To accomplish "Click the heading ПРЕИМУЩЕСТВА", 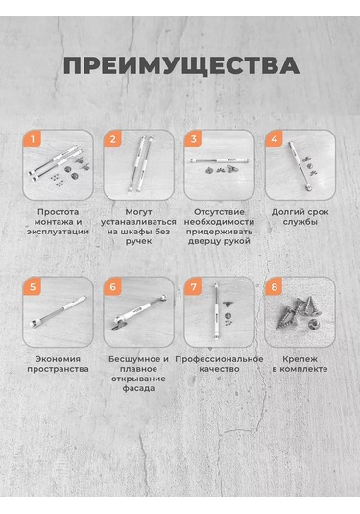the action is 181,65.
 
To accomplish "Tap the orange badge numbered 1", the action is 33,139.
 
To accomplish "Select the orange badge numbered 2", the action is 113,139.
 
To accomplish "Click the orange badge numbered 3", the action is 194,139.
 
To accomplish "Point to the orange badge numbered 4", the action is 275,139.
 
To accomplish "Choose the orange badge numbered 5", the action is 33,287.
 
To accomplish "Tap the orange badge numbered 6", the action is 113,287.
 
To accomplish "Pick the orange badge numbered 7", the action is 194,287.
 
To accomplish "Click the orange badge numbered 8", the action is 275,287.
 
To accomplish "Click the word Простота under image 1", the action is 59,212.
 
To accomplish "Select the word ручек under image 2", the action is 139,241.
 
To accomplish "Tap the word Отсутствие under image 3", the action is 219,212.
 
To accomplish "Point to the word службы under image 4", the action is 300,222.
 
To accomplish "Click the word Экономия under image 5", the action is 58,359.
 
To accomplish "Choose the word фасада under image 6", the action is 138,389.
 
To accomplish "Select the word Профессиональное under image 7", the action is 219,359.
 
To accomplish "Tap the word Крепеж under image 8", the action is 300,359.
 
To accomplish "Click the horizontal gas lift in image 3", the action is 220,160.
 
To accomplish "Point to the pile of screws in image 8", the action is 300,314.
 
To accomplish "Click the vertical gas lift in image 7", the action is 217,311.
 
